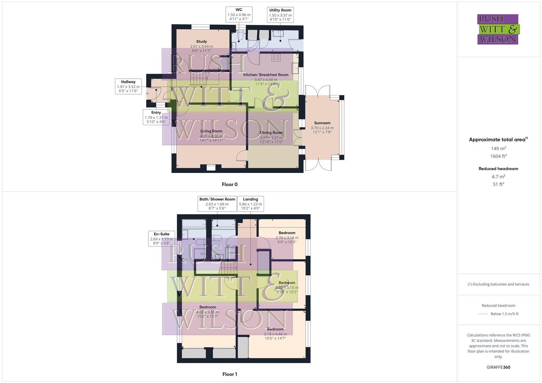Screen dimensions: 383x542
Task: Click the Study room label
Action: [201, 41]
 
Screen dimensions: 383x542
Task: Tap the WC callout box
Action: [239, 15]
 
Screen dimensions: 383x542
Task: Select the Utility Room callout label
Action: [280, 15]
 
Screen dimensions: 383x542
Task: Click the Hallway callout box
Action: [128, 87]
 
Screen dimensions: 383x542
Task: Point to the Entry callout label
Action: [156, 117]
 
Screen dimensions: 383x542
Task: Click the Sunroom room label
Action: [322, 123]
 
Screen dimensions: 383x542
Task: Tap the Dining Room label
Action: [271, 133]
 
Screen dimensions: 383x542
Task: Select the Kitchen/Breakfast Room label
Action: [265, 75]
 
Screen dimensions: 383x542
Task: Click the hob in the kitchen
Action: [276, 57]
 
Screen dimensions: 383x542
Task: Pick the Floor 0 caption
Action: [230, 184]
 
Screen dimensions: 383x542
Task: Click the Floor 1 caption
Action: [230, 374]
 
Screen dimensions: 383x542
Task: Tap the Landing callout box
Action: [250, 204]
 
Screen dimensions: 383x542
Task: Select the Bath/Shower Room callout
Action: [217, 204]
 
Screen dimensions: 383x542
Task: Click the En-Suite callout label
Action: [161, 239]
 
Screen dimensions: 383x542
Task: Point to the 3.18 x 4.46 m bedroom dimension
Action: [275, 334]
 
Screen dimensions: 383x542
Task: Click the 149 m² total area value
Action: [498, 149]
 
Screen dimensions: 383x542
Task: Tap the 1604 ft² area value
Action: [498, 156]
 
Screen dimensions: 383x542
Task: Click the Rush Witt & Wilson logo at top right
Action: [498, 29]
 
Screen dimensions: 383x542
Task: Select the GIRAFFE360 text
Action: [498, 367]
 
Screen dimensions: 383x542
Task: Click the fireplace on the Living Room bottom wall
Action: [211, 167]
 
